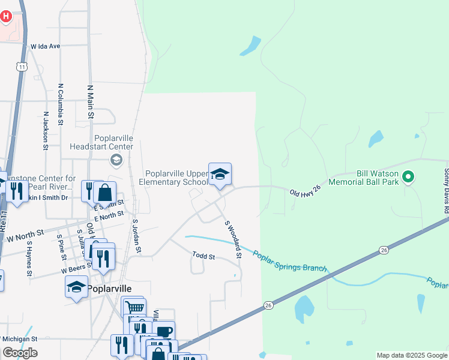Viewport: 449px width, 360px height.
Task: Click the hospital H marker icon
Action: pos(6,17)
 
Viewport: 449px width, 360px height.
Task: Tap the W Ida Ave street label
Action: pos(46,46)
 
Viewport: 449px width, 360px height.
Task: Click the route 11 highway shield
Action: pos(22,67)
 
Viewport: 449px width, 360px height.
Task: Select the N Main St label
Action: pos(91,101)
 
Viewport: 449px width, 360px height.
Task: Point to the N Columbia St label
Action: pos(61,104)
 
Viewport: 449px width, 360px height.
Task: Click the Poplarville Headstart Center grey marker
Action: pos(116,160)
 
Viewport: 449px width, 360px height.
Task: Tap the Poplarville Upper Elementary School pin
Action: pos(220,175)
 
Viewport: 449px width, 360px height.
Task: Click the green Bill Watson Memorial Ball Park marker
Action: pos(408,177)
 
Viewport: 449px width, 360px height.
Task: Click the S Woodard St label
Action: pos(233,239)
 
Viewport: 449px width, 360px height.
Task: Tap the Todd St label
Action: pos(203,256)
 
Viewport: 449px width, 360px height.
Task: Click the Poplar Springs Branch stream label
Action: pos(290,261)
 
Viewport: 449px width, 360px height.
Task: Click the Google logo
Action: pos(20,353)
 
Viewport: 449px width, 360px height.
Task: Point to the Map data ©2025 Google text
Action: pos(412,355)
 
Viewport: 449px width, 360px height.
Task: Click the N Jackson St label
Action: pos(46,130)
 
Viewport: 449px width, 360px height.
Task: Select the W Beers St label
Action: pos(76,270)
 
